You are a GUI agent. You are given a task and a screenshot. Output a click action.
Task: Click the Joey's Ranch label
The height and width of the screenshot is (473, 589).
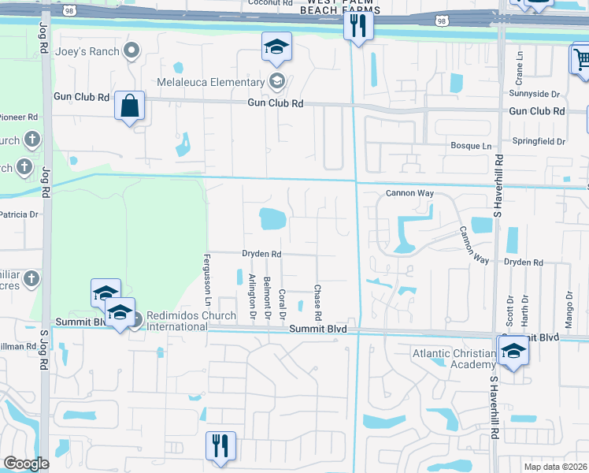click(87, 52)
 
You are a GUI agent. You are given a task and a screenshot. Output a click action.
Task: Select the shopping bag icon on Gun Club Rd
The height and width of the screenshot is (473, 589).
click(129, 106)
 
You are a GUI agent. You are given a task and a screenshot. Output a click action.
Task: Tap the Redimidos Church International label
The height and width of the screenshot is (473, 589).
click(186, 322)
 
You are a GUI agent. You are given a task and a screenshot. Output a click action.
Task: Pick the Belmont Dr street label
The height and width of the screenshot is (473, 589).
click(268, 298)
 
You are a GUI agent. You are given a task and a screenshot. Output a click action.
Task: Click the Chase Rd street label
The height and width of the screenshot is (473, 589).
click(317, 298)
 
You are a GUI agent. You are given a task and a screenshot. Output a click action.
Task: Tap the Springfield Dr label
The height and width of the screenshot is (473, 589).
click(540, 142)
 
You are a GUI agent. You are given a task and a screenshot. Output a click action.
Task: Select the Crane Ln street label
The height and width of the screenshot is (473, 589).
click(519, 69)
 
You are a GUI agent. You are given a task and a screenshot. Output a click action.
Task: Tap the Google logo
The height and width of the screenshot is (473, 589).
click(26, 463)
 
